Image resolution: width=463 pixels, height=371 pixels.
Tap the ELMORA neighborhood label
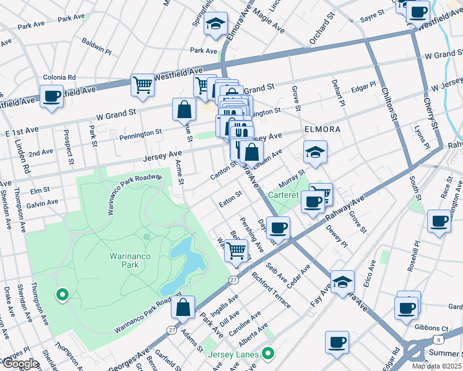pyautogui.click(x=322, y=129)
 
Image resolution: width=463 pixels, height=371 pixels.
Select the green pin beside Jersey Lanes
pyautogui.click(x=267, y=354)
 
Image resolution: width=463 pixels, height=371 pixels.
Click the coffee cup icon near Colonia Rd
pyautogui.click(x=51, y=96)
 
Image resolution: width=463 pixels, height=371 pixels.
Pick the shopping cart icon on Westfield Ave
pyautogui.click(x=142, y=84)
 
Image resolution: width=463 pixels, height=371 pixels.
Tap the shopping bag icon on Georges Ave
pyautogui.click(x=183, y=307)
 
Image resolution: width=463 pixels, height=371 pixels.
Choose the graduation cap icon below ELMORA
pyautogui.click(x=315, y=152)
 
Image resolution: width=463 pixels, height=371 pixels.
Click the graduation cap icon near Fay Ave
pyautogui.click(x=342, y=282)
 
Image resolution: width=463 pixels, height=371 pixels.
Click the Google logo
pyautogui.click(x=20, y=363)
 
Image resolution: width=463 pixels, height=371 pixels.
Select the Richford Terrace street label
pyautogui.click(x=271, y=288)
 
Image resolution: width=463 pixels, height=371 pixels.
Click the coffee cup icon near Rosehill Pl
pyautogui.click(x=439, y=221)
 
